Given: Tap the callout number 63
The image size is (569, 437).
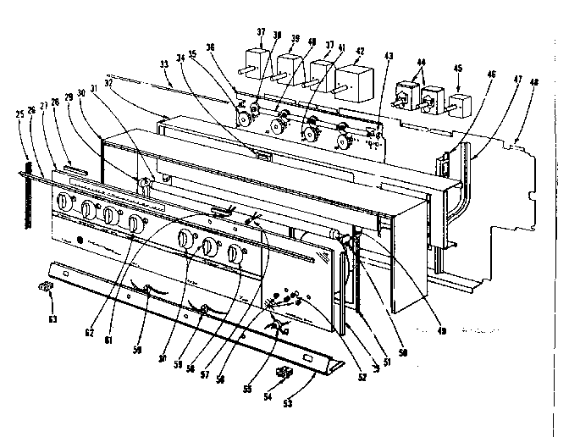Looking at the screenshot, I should click(52, 319).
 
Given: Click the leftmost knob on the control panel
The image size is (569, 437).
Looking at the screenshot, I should click(64, 203).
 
